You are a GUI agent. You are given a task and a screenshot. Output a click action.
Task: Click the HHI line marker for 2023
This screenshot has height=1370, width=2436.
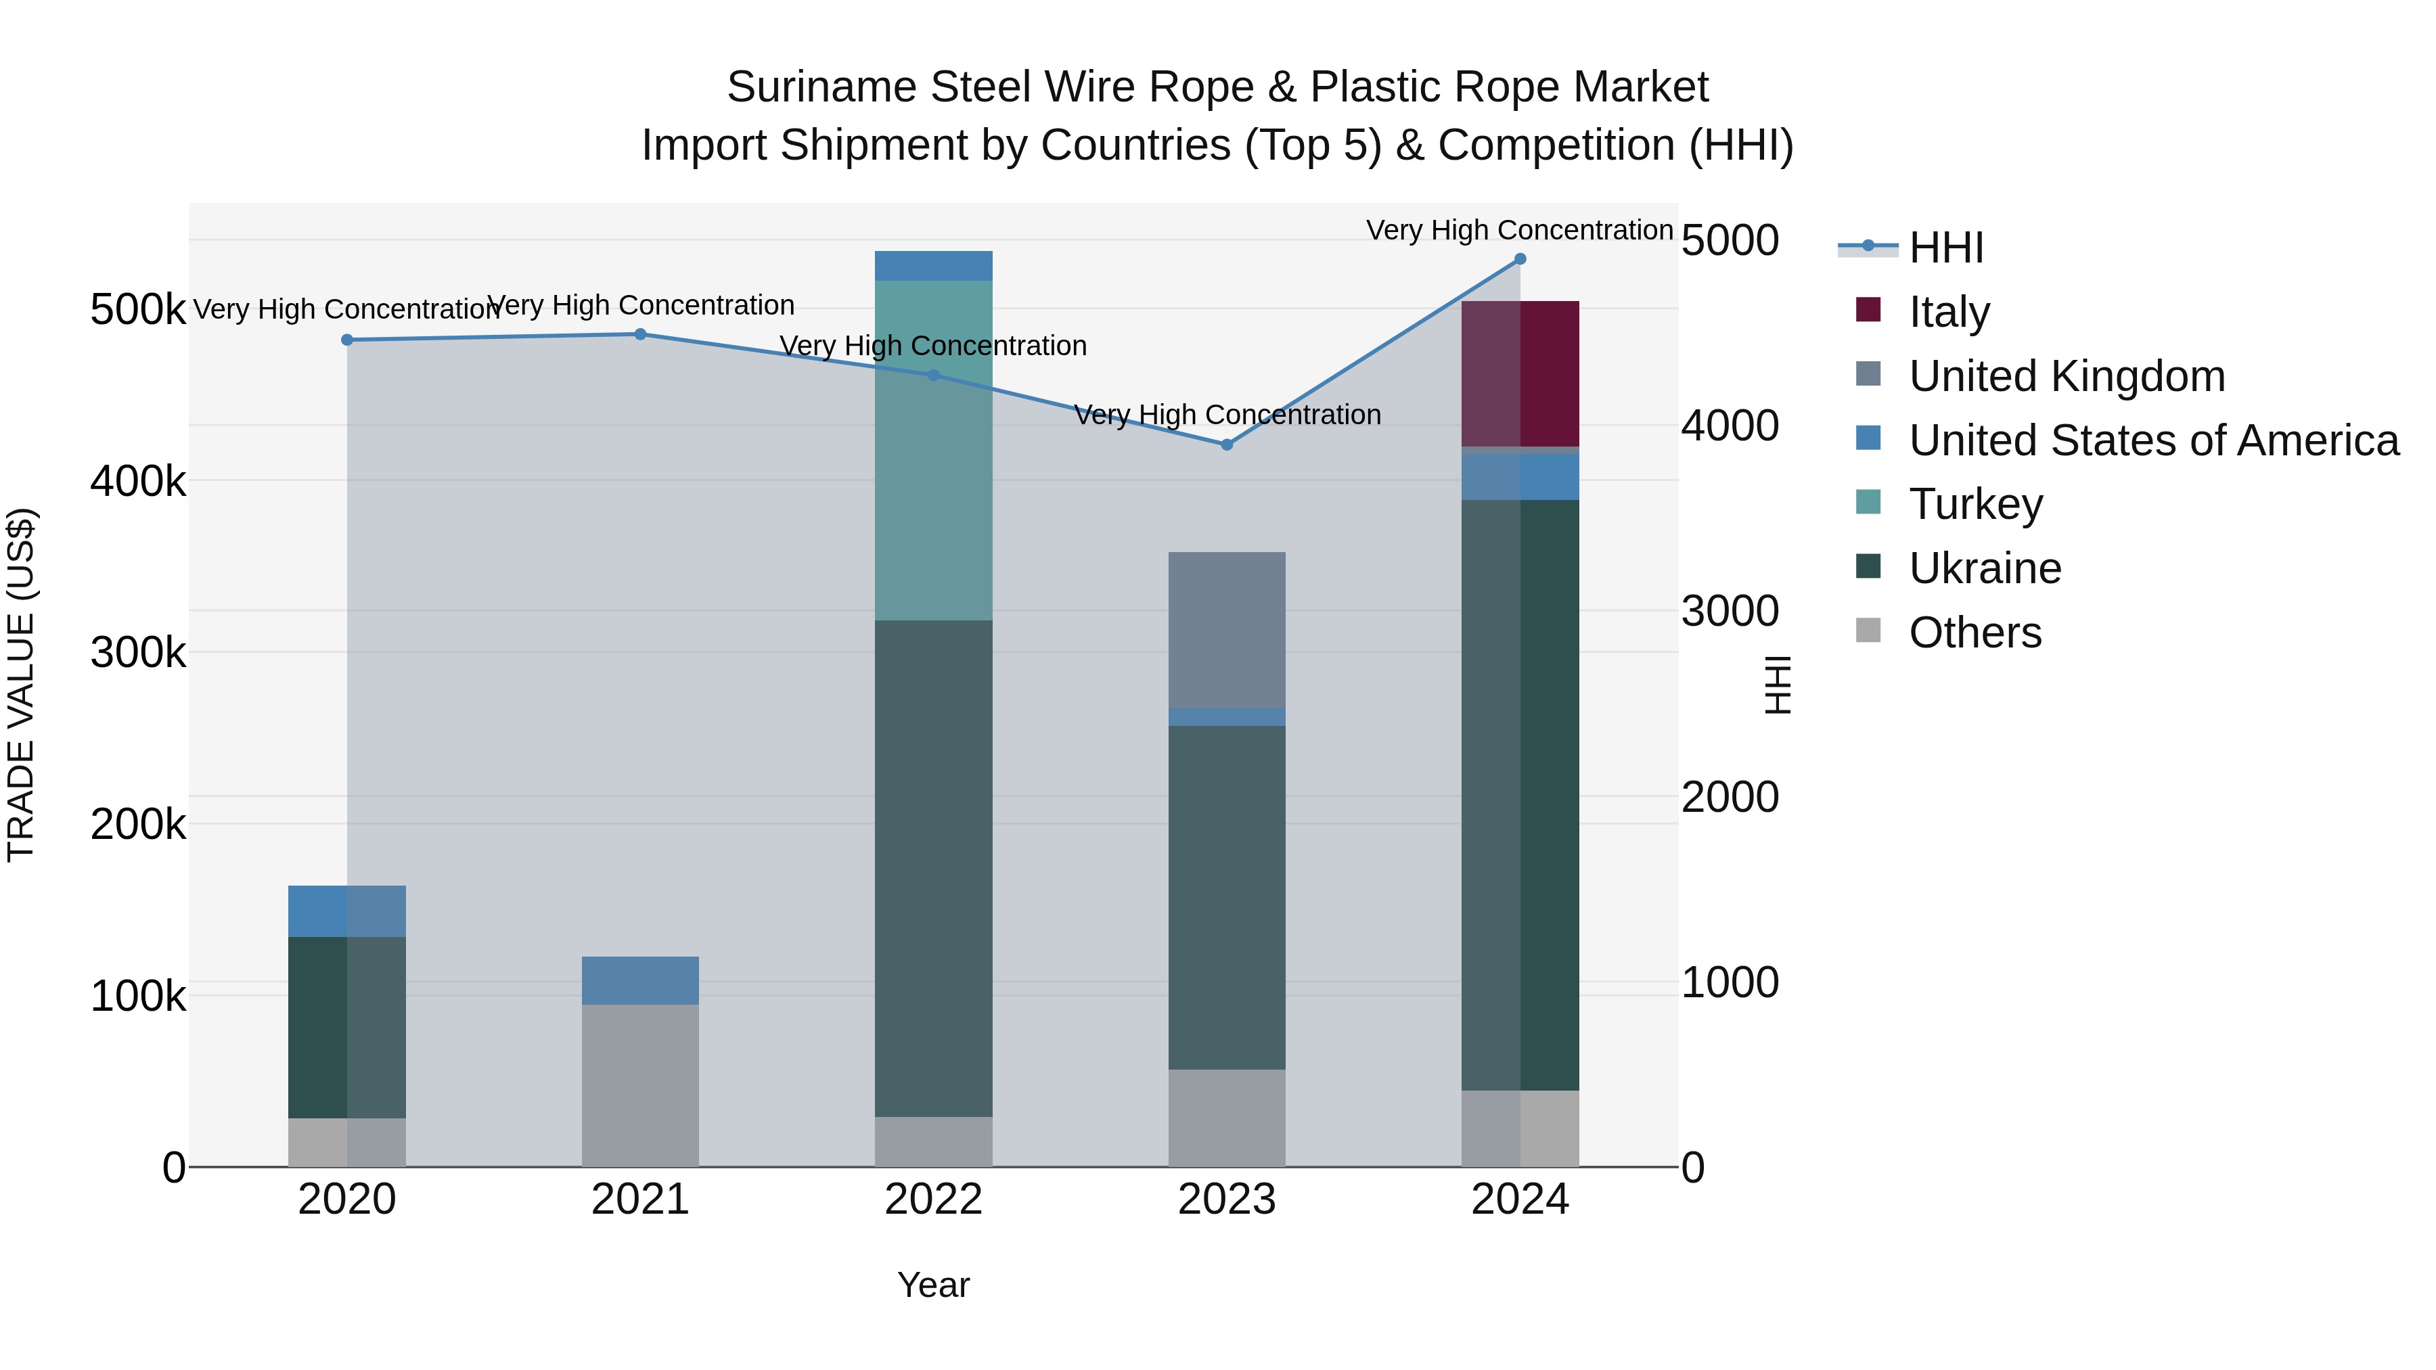click(1227, 444)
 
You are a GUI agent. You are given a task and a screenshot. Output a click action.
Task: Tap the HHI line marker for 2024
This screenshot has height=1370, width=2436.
click(1520, 259)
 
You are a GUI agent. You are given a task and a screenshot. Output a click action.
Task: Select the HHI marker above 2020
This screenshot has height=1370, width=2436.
click(347, 340)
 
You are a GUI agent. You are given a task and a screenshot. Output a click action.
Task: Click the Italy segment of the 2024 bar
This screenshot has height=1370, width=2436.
click(1520, 373)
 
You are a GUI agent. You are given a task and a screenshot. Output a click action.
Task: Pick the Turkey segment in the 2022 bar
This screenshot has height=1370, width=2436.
click(933, 450)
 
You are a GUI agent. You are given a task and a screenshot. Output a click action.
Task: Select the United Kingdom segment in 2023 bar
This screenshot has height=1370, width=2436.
click(1227, 630)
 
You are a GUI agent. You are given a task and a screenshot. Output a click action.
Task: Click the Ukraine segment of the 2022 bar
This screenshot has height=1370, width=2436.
click(933, 868)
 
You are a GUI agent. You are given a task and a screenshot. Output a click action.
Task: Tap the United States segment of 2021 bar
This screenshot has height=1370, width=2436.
click(640, 980)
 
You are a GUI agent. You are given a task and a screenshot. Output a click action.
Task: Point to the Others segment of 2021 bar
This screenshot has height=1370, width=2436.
click(640, 1085)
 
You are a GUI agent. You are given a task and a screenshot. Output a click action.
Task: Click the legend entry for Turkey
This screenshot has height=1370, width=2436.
click(1975, 504)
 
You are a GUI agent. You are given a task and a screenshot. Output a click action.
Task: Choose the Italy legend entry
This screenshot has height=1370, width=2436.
click(1948, 312)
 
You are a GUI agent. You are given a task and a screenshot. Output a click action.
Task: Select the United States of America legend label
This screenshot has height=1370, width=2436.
click(2153, 440)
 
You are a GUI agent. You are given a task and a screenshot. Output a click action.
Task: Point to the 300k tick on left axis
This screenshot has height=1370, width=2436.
click(138, 652)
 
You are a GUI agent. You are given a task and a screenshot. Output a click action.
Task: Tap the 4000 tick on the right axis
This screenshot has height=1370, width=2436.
click(1730, 426)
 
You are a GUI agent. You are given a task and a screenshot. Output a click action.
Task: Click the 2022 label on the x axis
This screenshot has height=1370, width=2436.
click(933, 1200)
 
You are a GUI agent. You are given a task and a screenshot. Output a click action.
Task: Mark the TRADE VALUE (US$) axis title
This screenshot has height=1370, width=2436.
click(21, 685)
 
